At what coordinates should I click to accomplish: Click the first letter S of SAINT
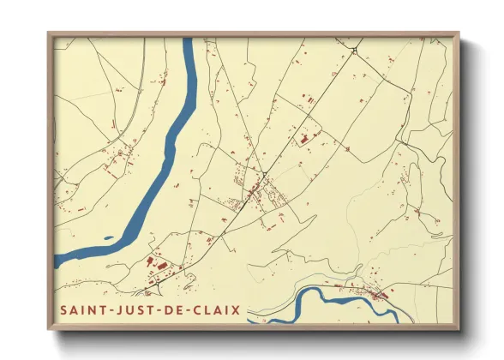pos(63,308)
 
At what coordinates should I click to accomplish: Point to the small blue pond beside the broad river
pos(108,237)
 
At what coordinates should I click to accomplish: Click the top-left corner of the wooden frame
pos(49,34)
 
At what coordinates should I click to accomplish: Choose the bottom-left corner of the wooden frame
pos(49,329)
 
